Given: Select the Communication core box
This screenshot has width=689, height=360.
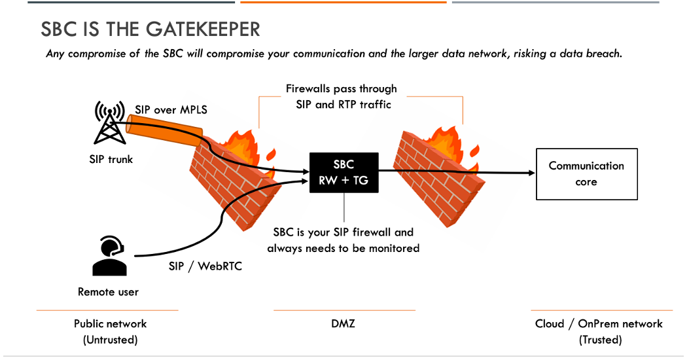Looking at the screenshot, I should click(586, 174).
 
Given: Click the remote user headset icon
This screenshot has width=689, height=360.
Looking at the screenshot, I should click(109, 256).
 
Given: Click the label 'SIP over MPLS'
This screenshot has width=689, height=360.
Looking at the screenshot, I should click(171, 109).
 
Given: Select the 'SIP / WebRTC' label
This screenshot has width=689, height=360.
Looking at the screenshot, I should click(209, 266).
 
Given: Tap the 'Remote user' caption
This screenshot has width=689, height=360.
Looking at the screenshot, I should click(108, 292).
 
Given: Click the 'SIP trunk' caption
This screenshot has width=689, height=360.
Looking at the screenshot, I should click(111, 158).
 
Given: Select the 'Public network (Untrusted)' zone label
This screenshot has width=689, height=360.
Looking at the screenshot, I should click(110, 331).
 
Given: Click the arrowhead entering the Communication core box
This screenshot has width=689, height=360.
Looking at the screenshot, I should click(531, 173).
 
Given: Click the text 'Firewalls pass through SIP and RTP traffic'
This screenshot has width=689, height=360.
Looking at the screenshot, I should click(341, 96).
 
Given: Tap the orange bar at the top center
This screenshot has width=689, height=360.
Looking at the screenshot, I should click(343, 2).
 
